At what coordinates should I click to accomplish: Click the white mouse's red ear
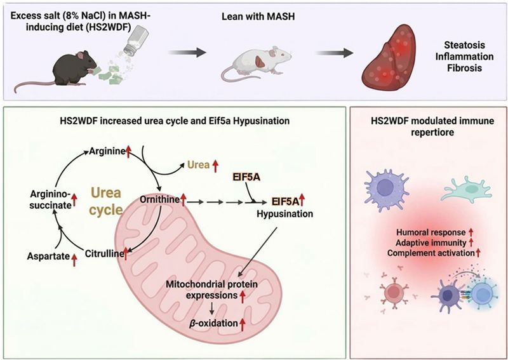[x=260, y=62]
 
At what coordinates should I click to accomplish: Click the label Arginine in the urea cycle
[x=107, y=150]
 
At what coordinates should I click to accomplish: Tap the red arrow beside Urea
[x=215, y=166]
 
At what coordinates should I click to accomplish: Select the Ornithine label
[x=159, y=199]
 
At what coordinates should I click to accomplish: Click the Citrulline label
[x=104, y=254]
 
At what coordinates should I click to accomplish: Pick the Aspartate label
[x=49, y=257]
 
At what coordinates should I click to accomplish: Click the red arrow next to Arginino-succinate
[x=74, y=199]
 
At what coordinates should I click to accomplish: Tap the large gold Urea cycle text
[x=105, y=201]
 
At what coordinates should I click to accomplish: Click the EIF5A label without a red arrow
[x=246, y=177]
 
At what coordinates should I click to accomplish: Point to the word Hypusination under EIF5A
[x=284, y=214]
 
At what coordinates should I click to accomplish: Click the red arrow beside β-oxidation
[x=243, y=323]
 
